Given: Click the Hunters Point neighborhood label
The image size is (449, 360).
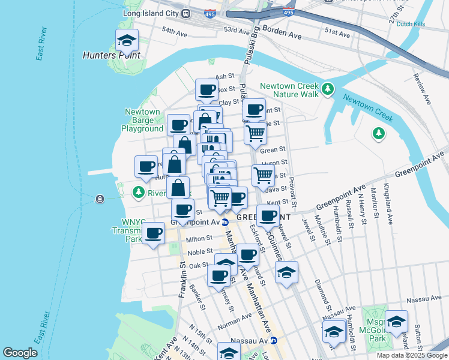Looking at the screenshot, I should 112,55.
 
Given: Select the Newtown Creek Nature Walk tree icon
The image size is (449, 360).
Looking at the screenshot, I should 327,89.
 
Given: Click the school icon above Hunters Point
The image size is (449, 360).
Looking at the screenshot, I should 127,41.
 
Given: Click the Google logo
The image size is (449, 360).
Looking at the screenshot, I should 20,353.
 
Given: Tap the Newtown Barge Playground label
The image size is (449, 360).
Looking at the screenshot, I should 142,120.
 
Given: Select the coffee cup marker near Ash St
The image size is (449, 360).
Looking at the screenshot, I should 206,90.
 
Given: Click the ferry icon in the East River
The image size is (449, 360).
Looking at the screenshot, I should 98,198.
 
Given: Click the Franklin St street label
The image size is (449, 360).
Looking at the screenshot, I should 181,279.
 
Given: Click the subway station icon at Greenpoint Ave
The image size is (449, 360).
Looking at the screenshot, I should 224,222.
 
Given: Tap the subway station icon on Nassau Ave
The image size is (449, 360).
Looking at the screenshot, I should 273,340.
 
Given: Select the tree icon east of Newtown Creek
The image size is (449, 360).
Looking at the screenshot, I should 379,132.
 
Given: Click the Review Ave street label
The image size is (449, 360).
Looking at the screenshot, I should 418,88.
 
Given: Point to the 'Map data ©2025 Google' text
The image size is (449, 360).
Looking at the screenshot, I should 412,355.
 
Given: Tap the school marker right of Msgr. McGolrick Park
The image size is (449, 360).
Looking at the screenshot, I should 396,322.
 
